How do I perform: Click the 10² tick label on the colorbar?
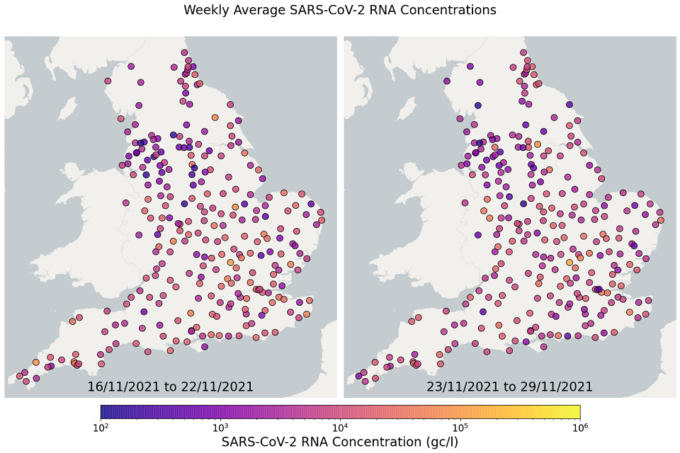point(101,427)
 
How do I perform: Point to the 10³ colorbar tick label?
point(220,427)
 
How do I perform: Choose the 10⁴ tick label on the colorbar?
point(340,427)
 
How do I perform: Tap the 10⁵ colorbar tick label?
point(460,427)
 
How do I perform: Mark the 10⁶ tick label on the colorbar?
point(579,427)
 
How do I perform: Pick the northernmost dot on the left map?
point(184,52)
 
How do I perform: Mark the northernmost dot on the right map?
point(523,52)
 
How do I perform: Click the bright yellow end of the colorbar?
point(575,411)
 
